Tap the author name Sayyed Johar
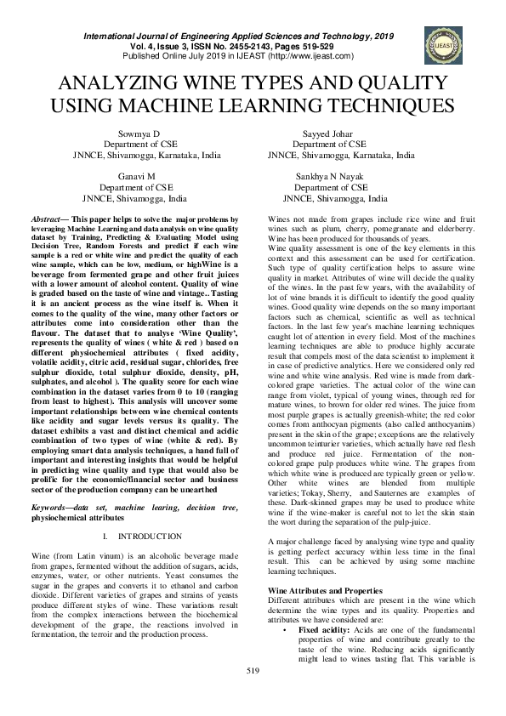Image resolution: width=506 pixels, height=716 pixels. tap(327, 134)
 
